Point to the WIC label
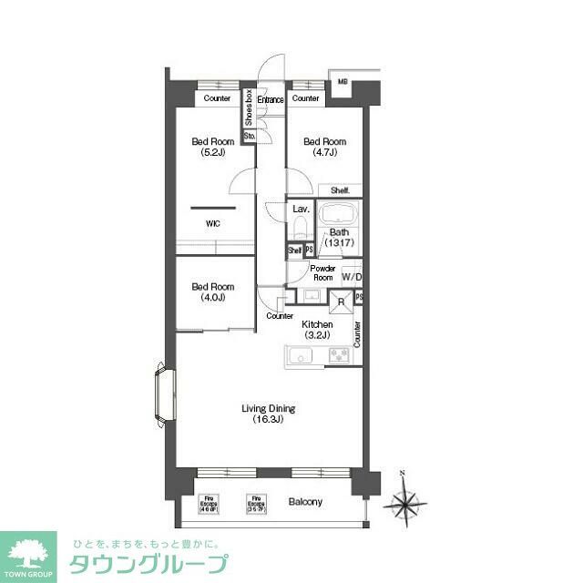(212, 222)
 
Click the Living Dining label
(268, 414)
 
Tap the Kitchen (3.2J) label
(317, 330)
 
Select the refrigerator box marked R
(341, 302)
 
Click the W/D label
(352, 277)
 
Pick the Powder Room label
(322, 273)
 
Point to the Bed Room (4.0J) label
(212, 291)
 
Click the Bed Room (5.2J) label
(212, 147)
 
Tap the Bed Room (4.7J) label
(324, 147)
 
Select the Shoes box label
(248, 107)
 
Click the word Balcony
(305, 502)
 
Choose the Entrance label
(271, 98)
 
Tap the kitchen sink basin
(301, 355)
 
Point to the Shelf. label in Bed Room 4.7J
(340, 190)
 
